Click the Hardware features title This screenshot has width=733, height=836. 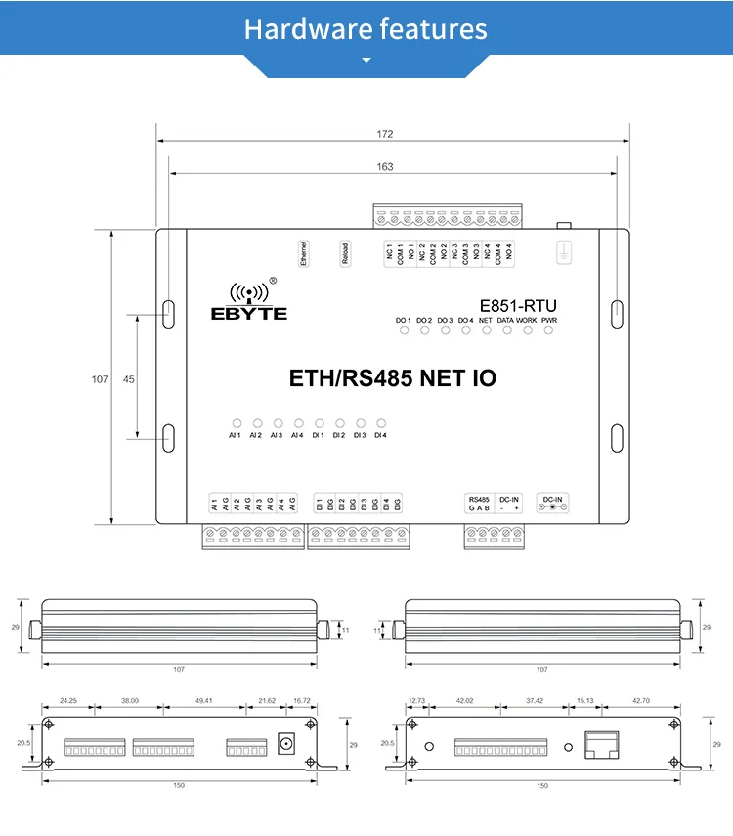(366, 28)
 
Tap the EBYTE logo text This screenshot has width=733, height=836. (249, 314)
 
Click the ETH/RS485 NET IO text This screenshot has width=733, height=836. (393, 378)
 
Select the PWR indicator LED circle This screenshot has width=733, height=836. (548, 330)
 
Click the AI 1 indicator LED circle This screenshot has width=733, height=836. (235, 424)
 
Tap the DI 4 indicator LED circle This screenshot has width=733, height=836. (381, 424)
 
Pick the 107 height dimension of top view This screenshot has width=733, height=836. (100, 379)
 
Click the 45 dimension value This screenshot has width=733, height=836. (129, 379)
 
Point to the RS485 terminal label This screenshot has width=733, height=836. (479, 499)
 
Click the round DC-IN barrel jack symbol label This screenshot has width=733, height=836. (553, 507)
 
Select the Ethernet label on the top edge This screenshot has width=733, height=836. (303, 253)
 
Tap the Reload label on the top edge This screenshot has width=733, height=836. (344, 253)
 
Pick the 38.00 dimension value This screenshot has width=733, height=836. (130, 700)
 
